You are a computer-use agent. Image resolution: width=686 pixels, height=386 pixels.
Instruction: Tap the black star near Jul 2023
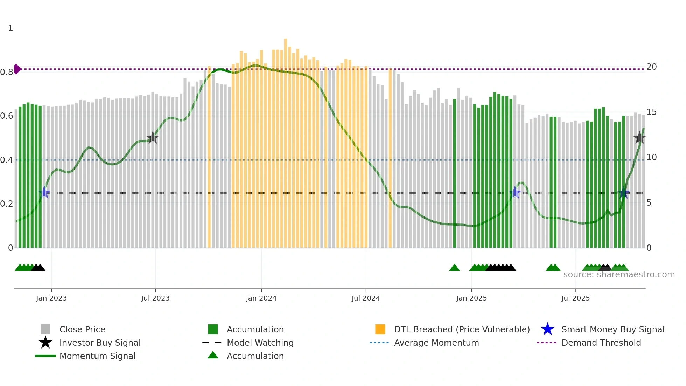153,138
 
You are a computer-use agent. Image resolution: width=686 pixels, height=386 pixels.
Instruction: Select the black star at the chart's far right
639,138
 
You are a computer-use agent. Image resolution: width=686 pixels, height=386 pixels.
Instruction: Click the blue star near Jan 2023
44,192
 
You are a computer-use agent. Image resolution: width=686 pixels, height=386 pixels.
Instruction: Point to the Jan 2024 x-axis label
261,298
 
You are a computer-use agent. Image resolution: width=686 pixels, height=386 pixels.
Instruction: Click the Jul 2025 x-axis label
575,298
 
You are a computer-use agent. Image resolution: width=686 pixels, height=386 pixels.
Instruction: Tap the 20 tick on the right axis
651,67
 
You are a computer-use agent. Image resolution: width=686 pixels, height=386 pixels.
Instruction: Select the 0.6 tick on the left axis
7,116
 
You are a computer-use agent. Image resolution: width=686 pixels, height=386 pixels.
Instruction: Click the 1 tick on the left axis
10,28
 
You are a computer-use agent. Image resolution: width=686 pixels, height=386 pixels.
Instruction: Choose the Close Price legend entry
82,329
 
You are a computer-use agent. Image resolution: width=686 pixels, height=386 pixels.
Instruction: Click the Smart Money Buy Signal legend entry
612,329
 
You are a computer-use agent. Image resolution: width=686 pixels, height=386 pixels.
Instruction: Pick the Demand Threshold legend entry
601,343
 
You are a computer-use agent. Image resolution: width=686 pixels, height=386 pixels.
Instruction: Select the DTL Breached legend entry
462,329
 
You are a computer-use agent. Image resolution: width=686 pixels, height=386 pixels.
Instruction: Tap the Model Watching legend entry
260,343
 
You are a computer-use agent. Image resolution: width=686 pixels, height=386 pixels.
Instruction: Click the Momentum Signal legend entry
97,356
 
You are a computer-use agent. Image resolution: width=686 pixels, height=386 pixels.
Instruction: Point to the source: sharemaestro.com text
619,274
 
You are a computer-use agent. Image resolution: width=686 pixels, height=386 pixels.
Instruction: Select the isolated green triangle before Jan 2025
454,268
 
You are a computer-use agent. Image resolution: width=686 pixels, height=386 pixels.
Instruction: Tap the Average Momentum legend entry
436,343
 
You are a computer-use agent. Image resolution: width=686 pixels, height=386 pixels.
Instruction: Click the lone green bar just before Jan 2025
455,173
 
